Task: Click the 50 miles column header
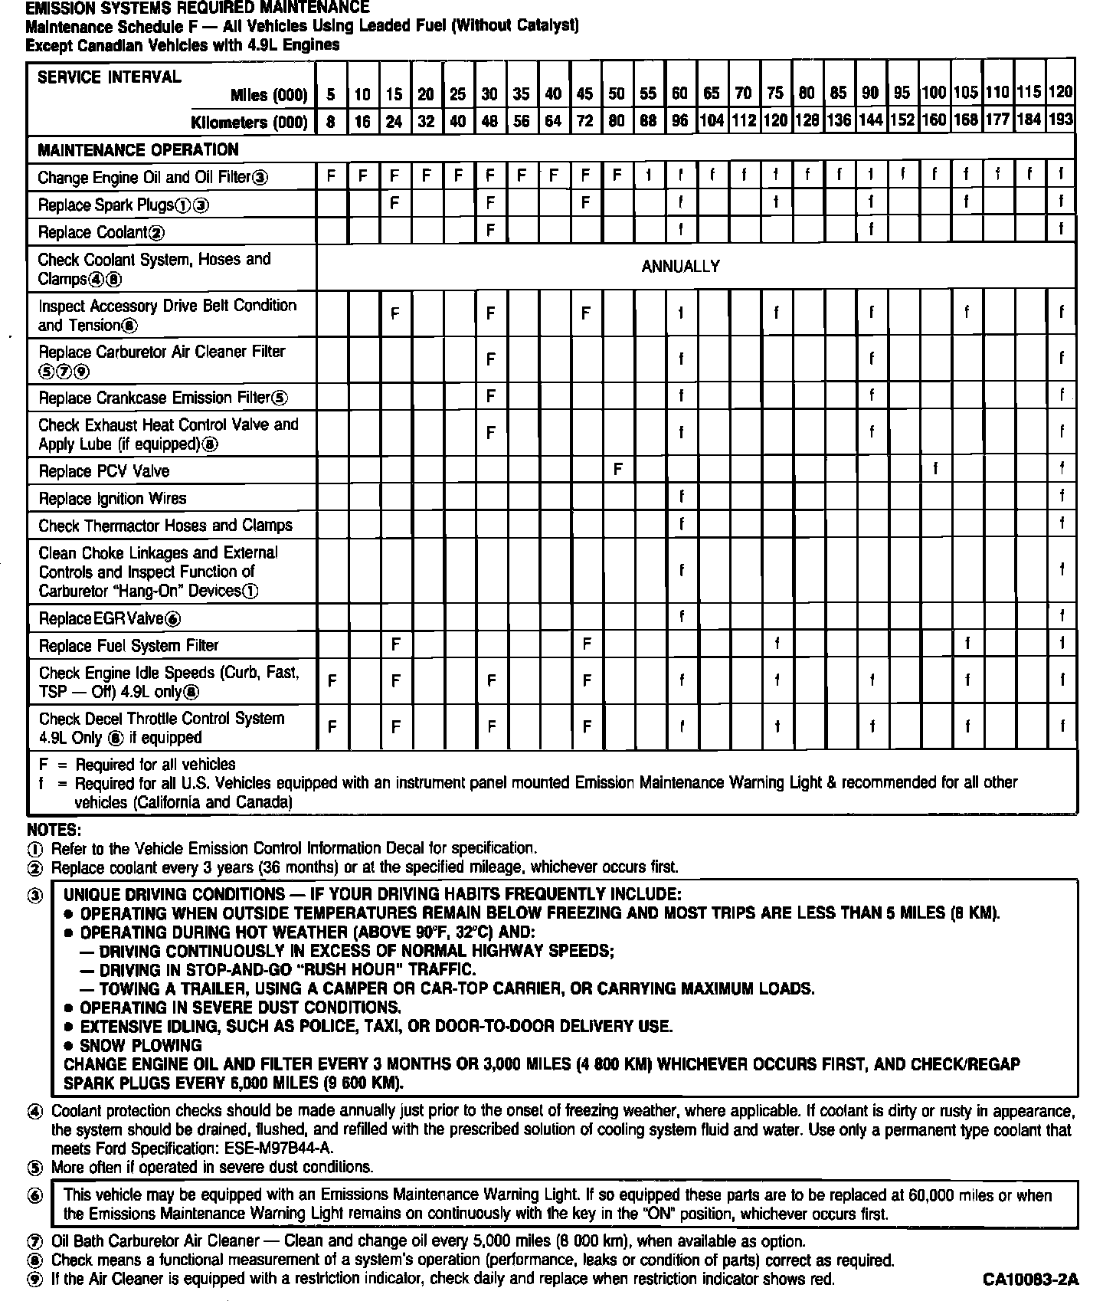[x=616, y=94]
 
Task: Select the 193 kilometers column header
[x=1061, y=121]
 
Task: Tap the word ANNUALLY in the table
[x=680, y=267]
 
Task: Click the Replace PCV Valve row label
[x=103, y=471]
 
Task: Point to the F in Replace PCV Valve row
[x=617, y=469]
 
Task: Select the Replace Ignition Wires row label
[x=112, y=499]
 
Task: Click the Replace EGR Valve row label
[x=110, y=618]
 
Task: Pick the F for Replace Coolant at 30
[x=490, y=230]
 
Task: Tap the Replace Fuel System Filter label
[x=128, y=646]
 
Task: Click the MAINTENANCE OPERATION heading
[x=138, y=149]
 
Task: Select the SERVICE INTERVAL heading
[x=109, y=77]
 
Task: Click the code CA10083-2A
[x=1030, y=1280]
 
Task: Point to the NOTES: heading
[x=53, y=830]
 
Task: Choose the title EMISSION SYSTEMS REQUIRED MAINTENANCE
[x=197, y=8]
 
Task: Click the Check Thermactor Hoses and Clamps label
[x=165, y=526]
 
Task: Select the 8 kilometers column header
[x=331, y=121]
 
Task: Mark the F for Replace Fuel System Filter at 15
[x=395, y=644]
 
